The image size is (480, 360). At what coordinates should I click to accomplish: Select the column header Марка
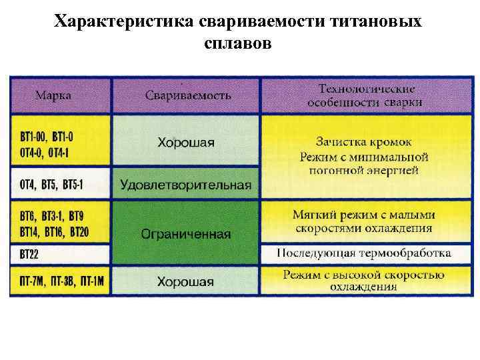click(54, 95)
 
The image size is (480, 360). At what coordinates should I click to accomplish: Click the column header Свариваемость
click(188, 95)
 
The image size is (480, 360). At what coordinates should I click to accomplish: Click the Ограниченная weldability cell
click(186, 234)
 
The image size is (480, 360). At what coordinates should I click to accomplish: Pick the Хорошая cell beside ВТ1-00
click(186, 142)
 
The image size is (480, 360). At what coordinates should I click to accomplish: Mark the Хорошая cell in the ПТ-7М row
click(186, 281)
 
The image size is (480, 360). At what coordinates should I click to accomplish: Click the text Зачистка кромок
click(364, 142)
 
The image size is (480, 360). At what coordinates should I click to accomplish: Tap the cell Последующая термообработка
click(364, 253)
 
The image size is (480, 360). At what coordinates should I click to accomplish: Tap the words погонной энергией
click(364, 170)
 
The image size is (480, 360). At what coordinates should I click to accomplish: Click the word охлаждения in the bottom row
click(364, 287)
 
